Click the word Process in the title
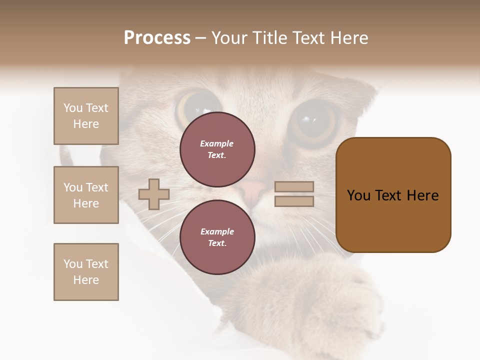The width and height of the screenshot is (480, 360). click(x=157, y=38)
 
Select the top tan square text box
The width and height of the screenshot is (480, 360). click(x=86, y=116)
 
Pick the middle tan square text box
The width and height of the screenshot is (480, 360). click(x=86, y=195)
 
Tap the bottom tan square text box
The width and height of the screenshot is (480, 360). click(x=86, y=272)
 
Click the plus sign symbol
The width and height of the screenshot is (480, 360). click(x=154, y=194)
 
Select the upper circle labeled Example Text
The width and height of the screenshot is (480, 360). click(x=217, y=149)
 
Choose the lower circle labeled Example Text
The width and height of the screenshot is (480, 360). click(x=217, y=237)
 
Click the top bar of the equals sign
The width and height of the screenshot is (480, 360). click(x=294, y=186)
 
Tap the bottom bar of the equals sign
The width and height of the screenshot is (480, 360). click(x=294, y=201)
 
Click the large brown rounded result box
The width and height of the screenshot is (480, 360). click(x=393, y=195)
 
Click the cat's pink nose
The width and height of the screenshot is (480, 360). click(x=251, y=189)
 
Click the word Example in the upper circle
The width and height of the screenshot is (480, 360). click(x=217, y=144)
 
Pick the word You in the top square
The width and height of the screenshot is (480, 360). click(x=72, y=108)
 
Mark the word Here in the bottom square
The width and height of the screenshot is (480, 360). click(x=86, y=280)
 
